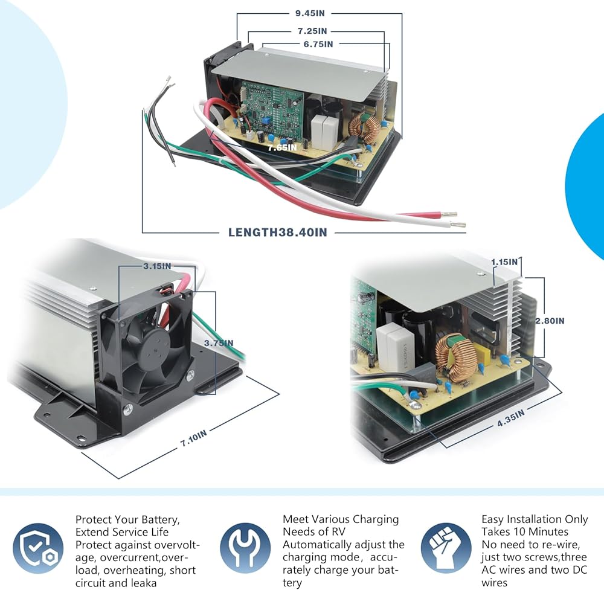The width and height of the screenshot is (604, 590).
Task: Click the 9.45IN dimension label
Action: tap(310, 13)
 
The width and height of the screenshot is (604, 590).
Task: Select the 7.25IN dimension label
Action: tap(312, 31)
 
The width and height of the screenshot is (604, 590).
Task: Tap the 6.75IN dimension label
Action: tap(318, 44)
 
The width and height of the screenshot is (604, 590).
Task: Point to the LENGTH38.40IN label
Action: tap(278, 232)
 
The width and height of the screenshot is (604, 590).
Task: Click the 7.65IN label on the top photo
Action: tap(282, 147)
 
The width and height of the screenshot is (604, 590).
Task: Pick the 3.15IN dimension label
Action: tap(157, 266)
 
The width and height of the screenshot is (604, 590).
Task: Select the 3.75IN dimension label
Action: tap(219, 343)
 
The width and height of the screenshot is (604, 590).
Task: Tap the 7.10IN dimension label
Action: tap(193, 438)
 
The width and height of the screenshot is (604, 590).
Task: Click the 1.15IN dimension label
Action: tap(504, 262)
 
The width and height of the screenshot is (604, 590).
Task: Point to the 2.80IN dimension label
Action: tap(550, 321)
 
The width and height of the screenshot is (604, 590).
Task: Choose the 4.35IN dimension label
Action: tap(511, 418)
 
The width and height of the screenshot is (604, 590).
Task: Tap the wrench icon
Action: tap(245, 548)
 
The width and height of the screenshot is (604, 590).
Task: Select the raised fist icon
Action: tap(446, 548)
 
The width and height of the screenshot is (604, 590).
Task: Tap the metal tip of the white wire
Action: tap(458, 225)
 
